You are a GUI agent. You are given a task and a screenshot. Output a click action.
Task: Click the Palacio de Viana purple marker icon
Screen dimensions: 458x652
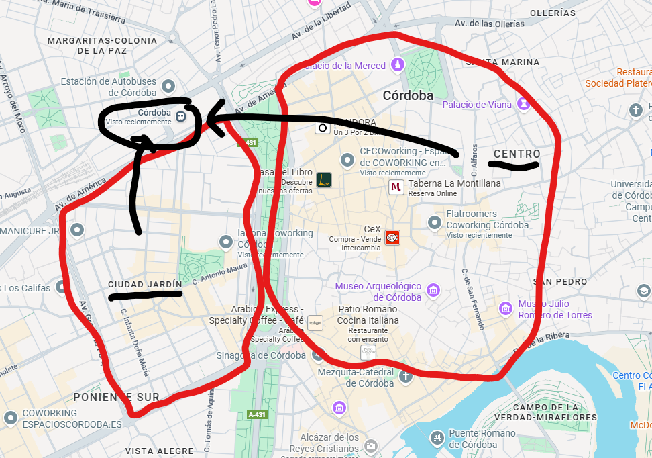point(524,104)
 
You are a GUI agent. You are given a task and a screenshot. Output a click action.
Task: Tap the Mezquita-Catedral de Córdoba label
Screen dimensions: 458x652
point(370,377)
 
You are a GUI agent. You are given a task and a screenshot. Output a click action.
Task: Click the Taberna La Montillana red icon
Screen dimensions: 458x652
point(396,187)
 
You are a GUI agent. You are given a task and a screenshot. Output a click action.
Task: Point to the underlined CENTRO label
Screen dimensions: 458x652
point(517,154)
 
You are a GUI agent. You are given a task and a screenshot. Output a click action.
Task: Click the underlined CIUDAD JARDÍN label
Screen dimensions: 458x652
point(146,284)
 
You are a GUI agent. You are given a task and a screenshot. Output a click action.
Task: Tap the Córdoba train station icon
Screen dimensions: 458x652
point(180,117)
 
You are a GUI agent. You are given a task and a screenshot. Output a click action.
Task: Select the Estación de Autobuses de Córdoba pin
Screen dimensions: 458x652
point(169,87)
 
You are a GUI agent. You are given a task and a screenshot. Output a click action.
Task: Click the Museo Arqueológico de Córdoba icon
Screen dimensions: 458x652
point(433,291)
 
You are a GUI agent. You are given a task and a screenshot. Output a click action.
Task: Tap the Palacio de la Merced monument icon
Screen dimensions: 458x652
point(398,65)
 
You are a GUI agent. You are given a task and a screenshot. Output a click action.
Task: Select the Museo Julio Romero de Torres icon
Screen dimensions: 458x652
point(506,308)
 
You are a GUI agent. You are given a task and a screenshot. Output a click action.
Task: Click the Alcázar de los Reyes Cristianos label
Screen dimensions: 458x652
point(324,443)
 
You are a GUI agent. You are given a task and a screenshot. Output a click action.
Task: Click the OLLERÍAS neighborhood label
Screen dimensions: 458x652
point(553,13)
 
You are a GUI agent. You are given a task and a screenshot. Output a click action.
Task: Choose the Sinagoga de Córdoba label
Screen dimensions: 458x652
point(261,355)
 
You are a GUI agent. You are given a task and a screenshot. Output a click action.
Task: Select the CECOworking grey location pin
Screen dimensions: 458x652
point(347,160)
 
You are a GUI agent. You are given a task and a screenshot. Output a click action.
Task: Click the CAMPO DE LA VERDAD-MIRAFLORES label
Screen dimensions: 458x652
point(554,412)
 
